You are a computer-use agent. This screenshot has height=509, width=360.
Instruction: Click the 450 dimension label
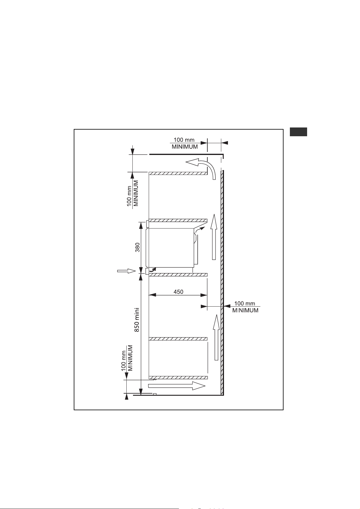click(178, 292)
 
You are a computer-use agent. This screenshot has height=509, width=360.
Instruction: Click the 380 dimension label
click(137, 248)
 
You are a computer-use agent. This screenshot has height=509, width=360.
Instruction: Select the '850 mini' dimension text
click(137, 320)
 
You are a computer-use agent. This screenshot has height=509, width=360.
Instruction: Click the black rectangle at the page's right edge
click(298, 132)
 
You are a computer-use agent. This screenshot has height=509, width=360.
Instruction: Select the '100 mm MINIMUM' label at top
click(184, 143)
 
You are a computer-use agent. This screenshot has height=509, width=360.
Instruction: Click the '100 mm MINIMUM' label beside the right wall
click(245, 307)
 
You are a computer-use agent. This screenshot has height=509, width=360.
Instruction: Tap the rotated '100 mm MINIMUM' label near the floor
click(127, 359)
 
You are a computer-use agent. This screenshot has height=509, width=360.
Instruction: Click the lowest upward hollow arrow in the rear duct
click(216, 337)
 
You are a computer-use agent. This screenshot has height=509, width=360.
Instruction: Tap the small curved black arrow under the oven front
click(153, 269)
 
